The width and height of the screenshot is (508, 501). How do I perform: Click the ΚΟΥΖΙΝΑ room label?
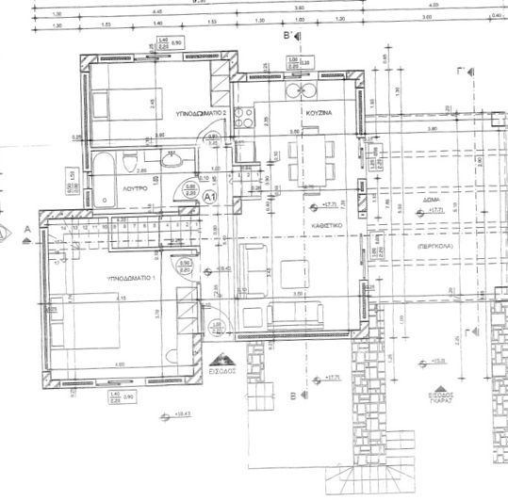click(317, 112)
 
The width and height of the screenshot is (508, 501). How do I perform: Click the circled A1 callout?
click(211, 197)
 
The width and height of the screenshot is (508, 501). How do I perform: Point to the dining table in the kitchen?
click(311, 159)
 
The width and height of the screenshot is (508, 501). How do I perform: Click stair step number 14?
click(63, 228)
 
